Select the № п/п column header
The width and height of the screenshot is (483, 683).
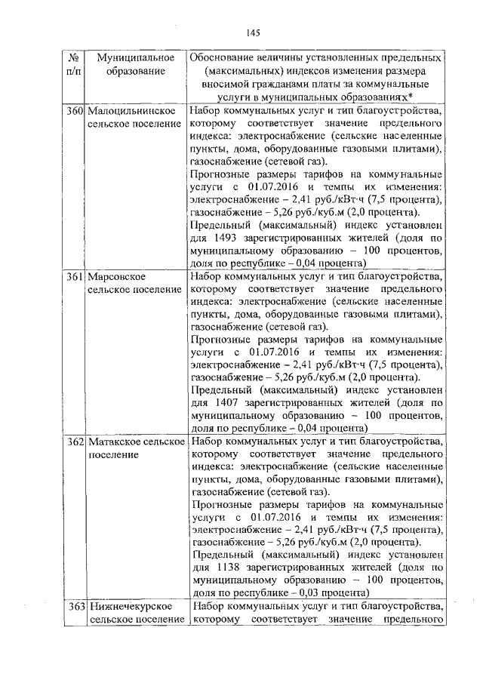coord(74,64)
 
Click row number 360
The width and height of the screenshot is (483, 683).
coord(74,111)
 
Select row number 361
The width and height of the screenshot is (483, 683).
coord(74,277)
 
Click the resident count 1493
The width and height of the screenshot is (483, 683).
coord(226,236)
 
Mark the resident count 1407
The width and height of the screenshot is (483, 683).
coord(226,401)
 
